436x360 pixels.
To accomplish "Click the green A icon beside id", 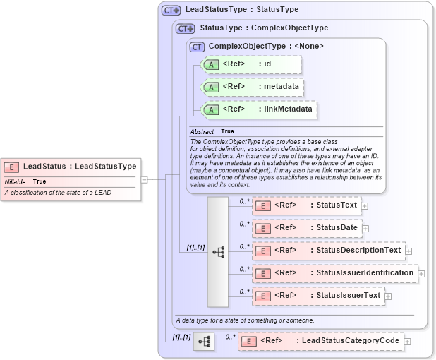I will click(x=211, y=64).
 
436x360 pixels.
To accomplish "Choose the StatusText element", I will click(x=306, y=205).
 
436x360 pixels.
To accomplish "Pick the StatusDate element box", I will click(x=307, y=228).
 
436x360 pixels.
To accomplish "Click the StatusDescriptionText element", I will click(x=328, y=251).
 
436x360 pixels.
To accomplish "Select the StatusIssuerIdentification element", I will click(x=334, y=273).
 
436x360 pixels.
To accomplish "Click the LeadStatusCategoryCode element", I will click(x=320, y=341).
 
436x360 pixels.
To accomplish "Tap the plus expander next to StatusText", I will click(x=365, y=206).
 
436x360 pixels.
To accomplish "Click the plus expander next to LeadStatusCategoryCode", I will click(x=407, y=342).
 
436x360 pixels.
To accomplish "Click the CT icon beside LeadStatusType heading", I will click(x=171, y=10).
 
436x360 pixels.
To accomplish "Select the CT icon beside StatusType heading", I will click(x=186, y=28).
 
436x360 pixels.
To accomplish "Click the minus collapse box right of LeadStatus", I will click(x=144, y=179).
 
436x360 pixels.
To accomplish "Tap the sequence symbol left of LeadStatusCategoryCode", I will click(x=204, y=342).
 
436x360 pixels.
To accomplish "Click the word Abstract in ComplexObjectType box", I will click(x=202, y=132).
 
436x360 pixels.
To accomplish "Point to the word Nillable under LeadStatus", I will click(x=16, y=182).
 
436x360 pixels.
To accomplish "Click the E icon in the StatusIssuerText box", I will click(x=262, y=296).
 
